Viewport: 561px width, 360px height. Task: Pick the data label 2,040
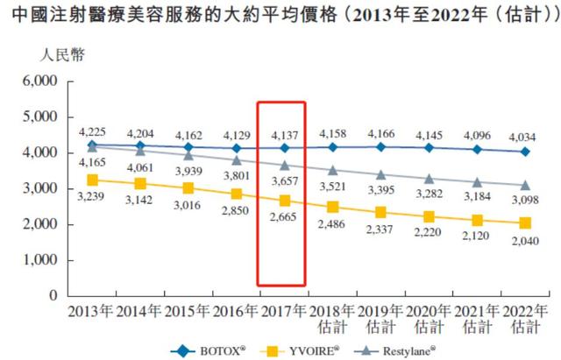click(525, 240)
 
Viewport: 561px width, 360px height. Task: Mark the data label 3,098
click(525, 201)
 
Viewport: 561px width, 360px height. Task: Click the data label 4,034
click(525, 136)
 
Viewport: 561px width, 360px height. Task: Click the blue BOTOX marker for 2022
click(525, 152)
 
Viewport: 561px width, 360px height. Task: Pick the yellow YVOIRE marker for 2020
click(430, 216)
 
